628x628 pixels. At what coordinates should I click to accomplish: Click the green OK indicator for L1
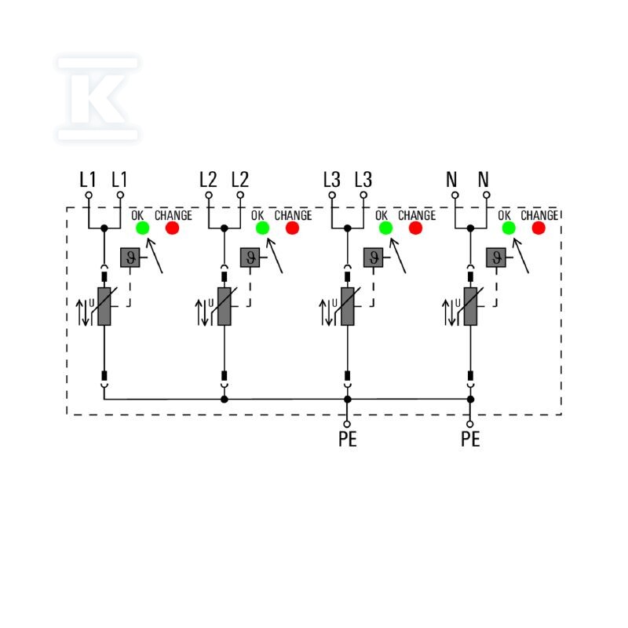click(143, 228)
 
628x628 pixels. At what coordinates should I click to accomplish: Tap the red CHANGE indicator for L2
click(292, 228)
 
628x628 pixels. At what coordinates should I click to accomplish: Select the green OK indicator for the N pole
click(509, 228)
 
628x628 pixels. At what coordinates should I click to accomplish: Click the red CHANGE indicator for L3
click(415, 228)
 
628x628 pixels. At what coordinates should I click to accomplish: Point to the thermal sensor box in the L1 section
click(130, 257)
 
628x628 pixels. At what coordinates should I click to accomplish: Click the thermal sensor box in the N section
click(496, 257)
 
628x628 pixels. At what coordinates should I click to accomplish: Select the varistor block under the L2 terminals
click(225, 306)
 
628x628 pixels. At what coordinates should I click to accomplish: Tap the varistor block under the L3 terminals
click(348, 306)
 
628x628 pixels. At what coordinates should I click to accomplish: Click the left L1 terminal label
click(88, 180)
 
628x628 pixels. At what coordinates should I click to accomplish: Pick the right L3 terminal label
click(363, 180)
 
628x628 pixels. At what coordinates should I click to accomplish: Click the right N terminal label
click(483, 180)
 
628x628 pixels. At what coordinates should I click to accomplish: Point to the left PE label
click(347, 439)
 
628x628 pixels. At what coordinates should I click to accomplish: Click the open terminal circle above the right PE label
click(470, 424)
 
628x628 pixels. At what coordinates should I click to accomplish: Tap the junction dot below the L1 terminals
click(104, 228)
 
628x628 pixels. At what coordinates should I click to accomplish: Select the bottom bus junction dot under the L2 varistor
click(225, 400)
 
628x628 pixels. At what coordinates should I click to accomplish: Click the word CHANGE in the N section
click(539, 215)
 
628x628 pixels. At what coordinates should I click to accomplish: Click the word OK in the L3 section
click(382, 215)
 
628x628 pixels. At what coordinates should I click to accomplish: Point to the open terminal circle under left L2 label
click(209, 195)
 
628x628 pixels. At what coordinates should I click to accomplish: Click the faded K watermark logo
click(97, 99)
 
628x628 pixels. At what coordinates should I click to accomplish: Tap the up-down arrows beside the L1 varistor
click(82, 312)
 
